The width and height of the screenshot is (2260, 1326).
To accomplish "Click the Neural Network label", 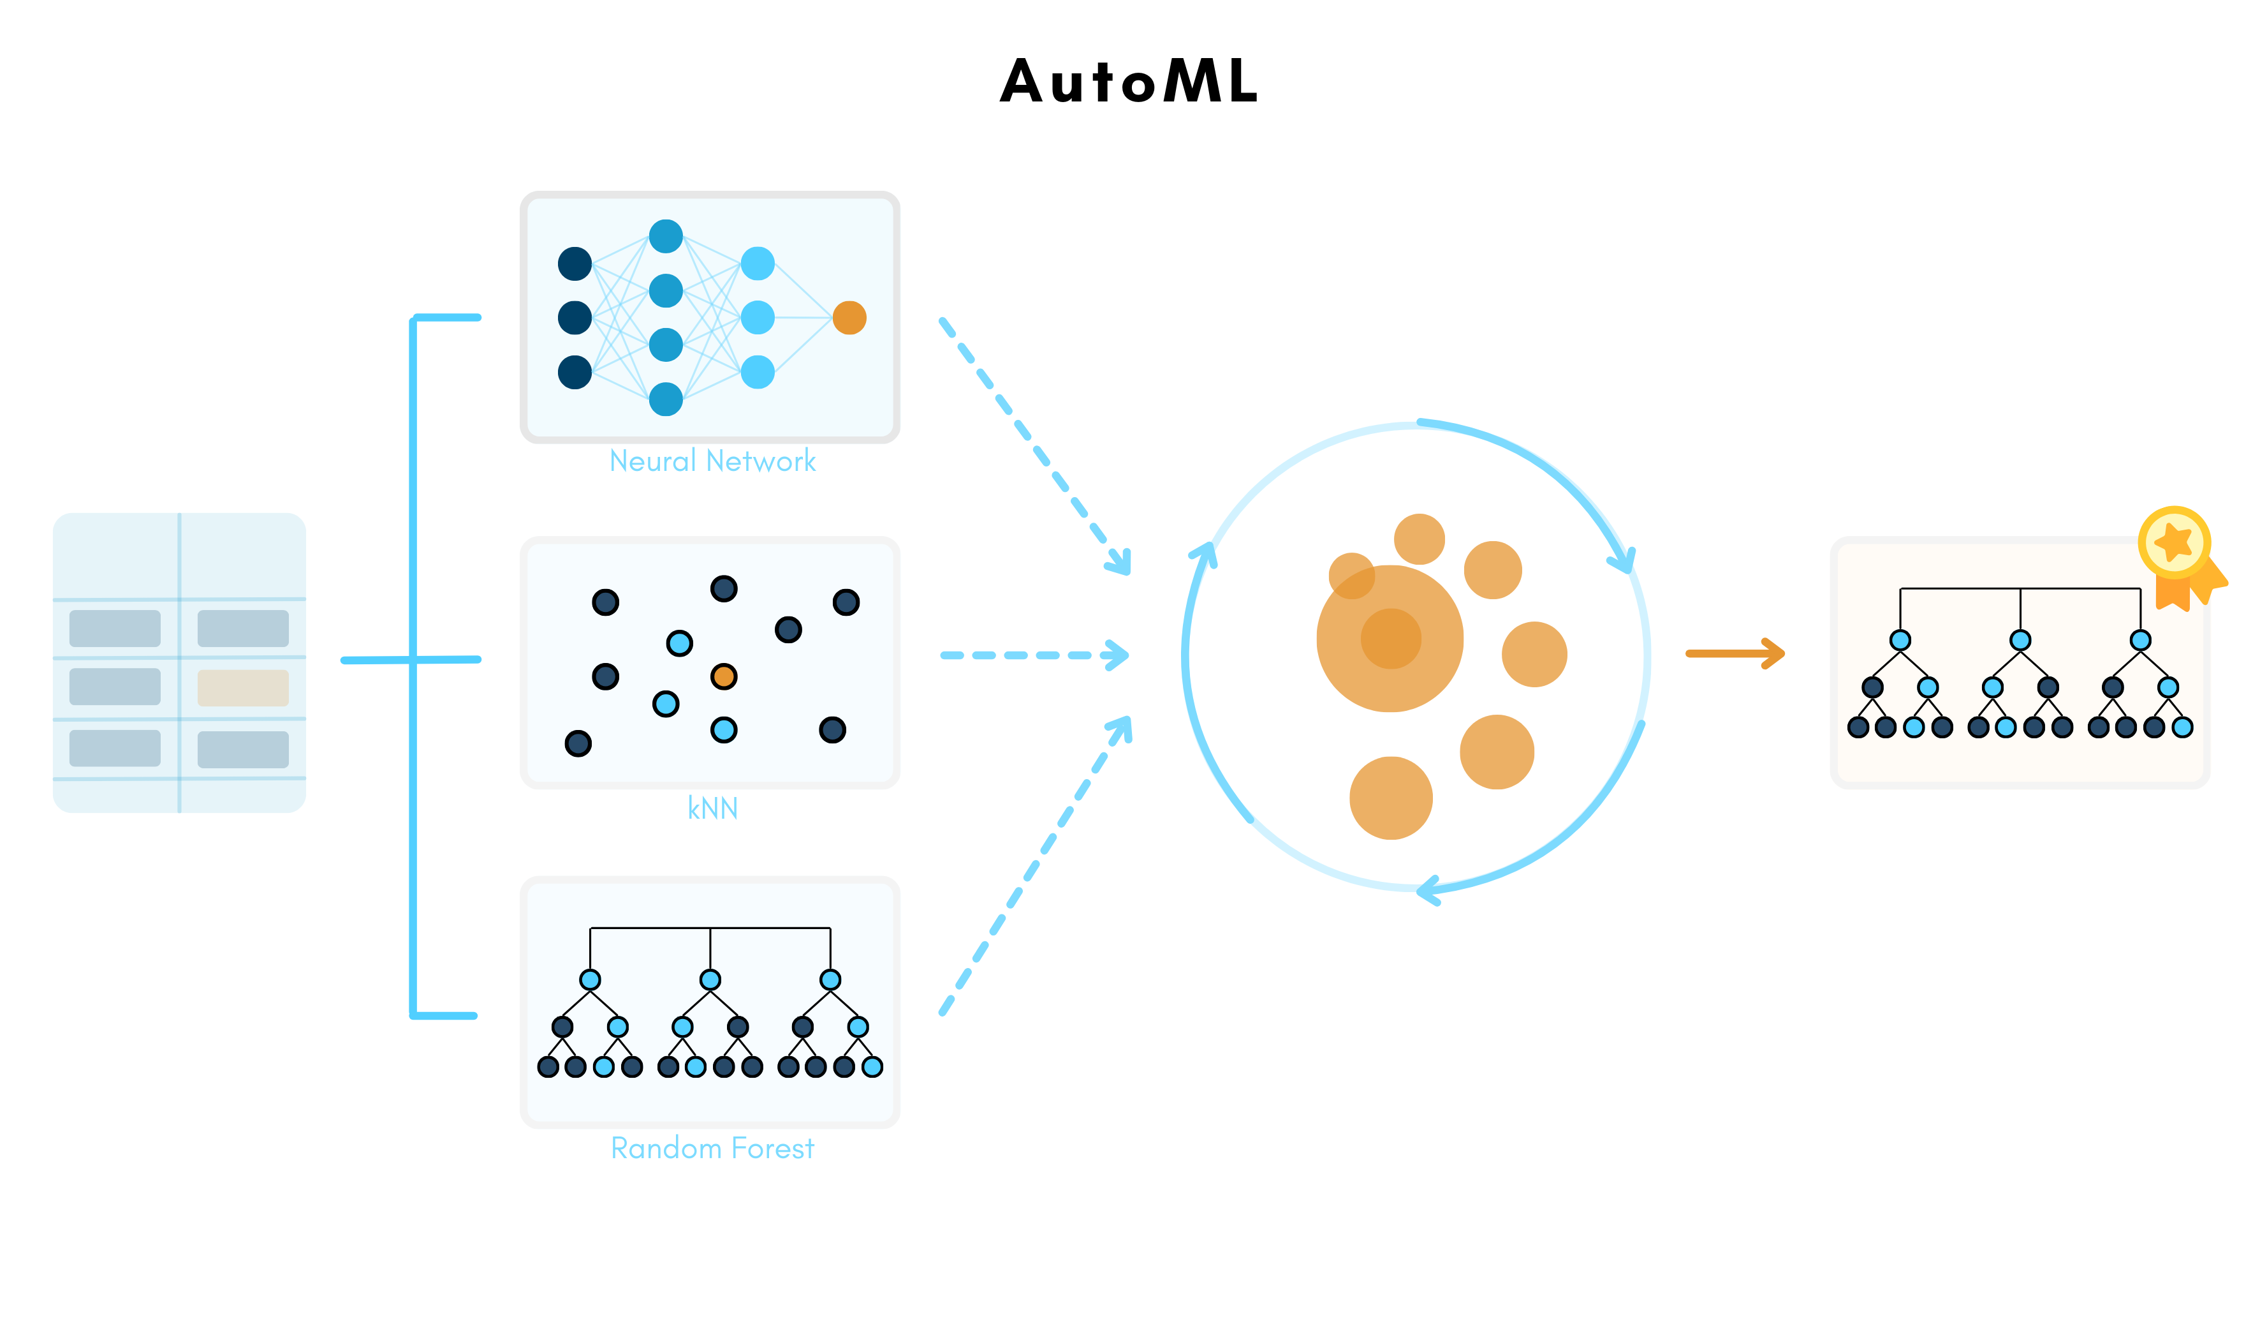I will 712,461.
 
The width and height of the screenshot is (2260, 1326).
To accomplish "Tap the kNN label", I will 712,808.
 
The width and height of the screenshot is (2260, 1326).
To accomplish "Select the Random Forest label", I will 712,1149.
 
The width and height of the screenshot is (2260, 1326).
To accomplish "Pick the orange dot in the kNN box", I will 724,676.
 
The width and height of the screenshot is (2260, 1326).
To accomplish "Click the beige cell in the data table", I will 243,687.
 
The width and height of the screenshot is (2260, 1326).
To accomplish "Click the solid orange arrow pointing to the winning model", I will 1735,653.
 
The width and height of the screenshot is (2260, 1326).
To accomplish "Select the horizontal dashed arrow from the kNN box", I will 1031,655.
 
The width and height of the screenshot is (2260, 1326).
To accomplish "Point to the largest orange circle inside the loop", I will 1390,639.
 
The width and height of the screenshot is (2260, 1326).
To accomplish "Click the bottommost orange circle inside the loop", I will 1390,798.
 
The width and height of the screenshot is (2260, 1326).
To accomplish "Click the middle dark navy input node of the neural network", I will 575,318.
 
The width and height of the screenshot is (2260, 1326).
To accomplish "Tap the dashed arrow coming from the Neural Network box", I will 1031,444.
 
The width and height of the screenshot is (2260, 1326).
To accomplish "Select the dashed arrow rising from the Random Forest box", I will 1031,870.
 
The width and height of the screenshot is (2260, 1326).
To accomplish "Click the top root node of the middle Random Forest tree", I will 710,980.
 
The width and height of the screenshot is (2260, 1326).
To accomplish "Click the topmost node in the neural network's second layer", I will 666,236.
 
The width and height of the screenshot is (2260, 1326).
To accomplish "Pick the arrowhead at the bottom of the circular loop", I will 1428,891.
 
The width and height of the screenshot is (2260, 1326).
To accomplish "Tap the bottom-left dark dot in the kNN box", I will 578,743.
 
